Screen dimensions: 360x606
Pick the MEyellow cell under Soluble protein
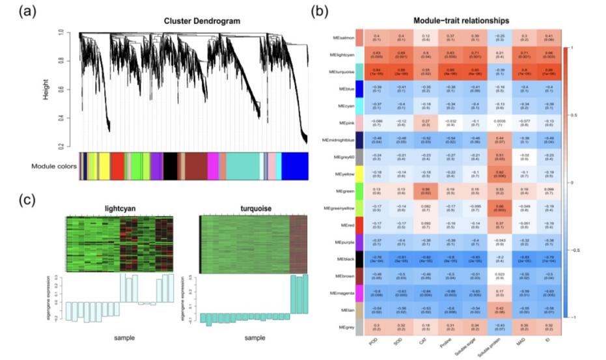click(498, 174)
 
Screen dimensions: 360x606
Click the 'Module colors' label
click(53, 166)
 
